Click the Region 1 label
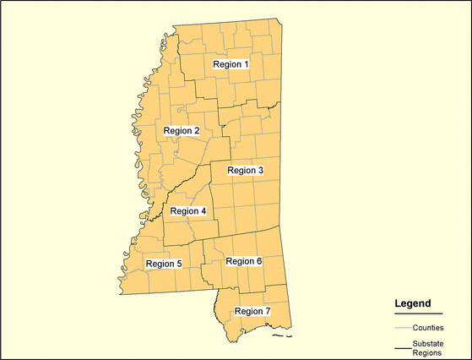pos(231,64)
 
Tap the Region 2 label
pos(182,131)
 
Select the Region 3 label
pos(246,171)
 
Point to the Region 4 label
pos(187,211)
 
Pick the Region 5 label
pos(163,264)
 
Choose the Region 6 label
pos(243,261)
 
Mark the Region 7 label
pos(252,311)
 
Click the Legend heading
pos(413,303)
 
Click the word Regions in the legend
pos(427,353)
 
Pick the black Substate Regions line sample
pos(402,348)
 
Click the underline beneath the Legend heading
pos(418,314)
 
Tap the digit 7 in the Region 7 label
pos(267,311)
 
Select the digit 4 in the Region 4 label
pos(203,211)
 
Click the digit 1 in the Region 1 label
pos(246,64)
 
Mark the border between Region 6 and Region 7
pos(253,288)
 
